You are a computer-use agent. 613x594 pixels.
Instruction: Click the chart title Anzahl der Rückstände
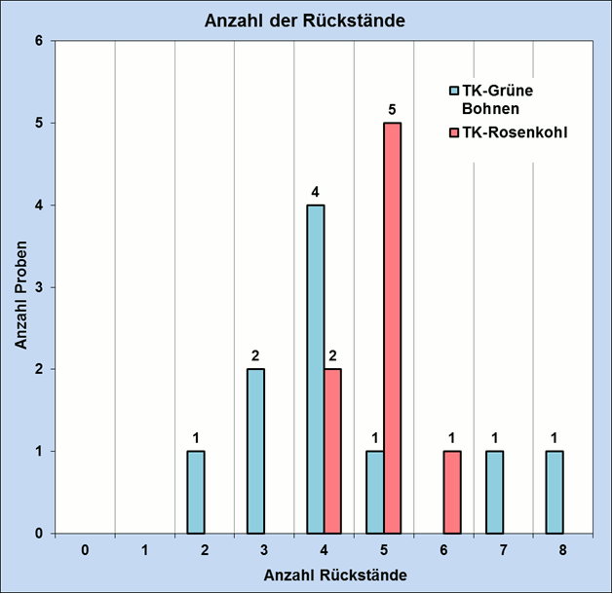(x=306, y=20)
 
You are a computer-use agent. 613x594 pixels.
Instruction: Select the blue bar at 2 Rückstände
(x=196, y=492)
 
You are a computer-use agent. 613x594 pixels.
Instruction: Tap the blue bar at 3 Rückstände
(x=255, y=451)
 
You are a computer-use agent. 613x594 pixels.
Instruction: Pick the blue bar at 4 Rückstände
(x=315, y=369)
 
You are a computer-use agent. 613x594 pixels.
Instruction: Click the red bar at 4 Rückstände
(x=332, y=451)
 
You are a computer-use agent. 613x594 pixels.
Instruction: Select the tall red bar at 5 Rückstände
(x=392, y=327)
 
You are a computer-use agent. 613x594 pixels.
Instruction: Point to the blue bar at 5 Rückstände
(x=375, y=492)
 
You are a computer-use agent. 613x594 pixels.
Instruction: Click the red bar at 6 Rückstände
(x=451, y=492)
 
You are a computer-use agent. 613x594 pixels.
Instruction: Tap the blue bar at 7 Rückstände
(x=494, y=492)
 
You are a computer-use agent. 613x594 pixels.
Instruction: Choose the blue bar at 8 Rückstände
(x=554, y=492)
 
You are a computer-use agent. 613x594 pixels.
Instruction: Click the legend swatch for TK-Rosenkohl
(x=453, y=130)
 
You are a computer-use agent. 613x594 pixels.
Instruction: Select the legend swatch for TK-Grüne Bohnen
(x=453, y=91)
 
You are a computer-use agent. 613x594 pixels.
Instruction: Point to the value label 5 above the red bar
(x=392, y=109)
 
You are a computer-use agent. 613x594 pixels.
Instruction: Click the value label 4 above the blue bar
(x=315, y=192)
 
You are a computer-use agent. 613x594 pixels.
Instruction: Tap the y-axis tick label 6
(x=40, y=41)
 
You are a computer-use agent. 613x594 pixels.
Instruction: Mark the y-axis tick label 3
(x=40, y=287)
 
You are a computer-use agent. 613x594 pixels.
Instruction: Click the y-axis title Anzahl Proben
(x=20, y=287)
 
